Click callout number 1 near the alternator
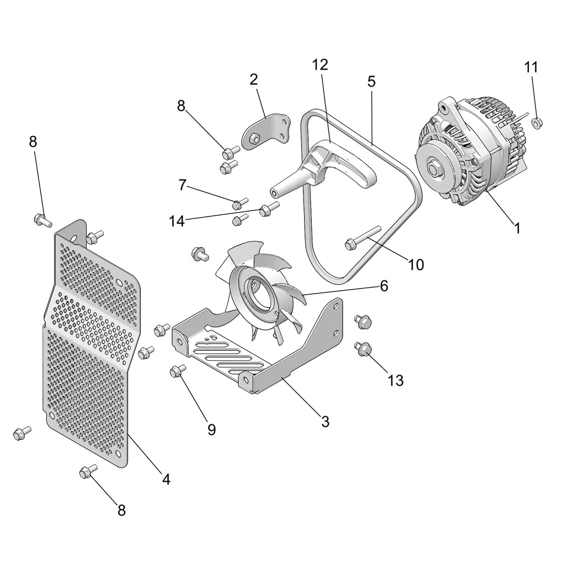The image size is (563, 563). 517,228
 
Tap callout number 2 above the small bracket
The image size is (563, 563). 253,79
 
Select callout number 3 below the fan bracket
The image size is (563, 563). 325,422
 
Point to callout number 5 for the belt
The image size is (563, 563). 371,82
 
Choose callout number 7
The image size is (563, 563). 183,185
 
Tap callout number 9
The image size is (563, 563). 212,429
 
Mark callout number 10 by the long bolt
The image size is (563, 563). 416,264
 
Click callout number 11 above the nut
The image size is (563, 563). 531,67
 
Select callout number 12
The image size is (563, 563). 320,64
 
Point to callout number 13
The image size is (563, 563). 396,380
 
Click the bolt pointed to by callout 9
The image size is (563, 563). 178,372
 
